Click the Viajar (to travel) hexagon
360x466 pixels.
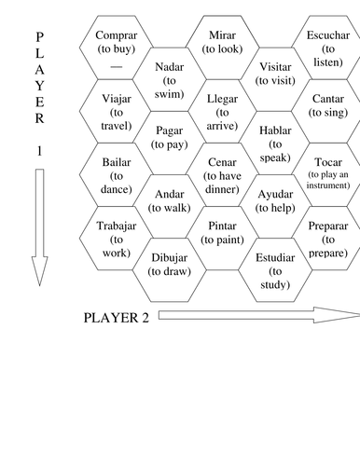click(x=117, y=110)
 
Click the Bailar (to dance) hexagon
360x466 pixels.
click(x=117, y=173)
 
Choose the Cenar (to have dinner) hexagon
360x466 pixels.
click(x=223, y=173)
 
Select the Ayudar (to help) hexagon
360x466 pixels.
click(x=275, y=204)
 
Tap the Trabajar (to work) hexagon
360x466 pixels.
click(x=117, y=237)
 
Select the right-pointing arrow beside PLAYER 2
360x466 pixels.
click(x=256, y=315)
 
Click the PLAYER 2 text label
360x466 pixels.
click(x=117, y=317)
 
